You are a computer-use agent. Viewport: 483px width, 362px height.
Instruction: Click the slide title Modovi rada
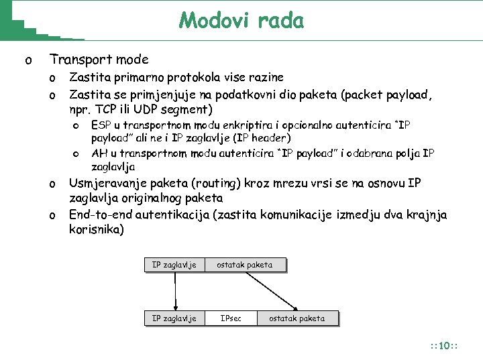click(x=241, y=21)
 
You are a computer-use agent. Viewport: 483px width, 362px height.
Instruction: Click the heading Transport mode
click(x=99, y=60)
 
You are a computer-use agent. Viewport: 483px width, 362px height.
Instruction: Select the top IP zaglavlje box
click(x=174, y=265)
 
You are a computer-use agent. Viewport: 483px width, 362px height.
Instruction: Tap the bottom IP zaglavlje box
click(x=174, y=318)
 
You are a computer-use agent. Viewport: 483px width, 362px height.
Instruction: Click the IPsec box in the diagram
click(x=230, y=318)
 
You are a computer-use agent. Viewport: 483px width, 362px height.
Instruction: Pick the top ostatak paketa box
click(x=244, y=265)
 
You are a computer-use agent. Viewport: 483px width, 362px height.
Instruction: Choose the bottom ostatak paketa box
click(x=297, y=318)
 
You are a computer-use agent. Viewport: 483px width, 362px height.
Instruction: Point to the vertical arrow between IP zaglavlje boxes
click(x=176, y=291)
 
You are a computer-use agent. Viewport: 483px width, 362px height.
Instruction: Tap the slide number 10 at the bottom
click(x=443, y=346)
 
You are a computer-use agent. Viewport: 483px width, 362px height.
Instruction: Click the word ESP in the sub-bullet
click(x=101, y=125)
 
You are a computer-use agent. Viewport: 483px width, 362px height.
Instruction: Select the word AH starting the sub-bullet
click(x=99, y=153)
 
